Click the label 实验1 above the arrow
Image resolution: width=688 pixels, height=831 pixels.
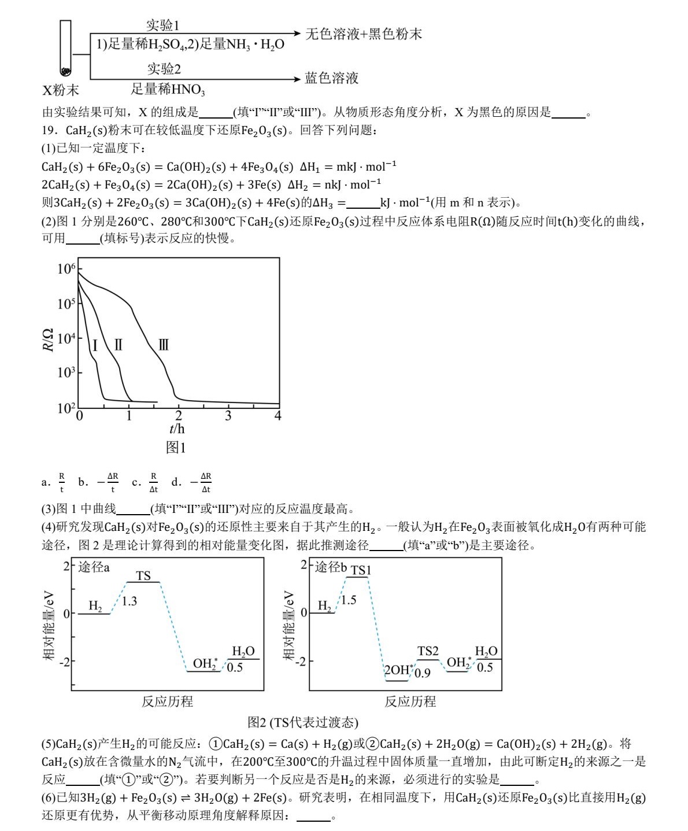pyautogui.click(x=163, y=25)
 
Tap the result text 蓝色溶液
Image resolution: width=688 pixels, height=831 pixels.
pyautogui.click(x=332, y=78)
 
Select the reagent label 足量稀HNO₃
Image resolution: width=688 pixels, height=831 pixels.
pyautogui.click(x=168, y=89)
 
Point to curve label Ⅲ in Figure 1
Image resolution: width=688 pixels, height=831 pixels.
pyautogui.click(x=164, y=345)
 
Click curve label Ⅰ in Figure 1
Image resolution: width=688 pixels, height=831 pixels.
pyautogui.click(x=95, y=346)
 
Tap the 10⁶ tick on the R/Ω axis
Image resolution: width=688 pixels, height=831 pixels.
pyautogui.click(x=66, y=269)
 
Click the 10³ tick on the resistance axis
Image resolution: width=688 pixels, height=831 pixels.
pyautogui.click(x=66, y=372)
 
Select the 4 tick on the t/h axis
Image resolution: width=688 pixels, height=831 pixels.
pyautogui.click(x=278, y=416)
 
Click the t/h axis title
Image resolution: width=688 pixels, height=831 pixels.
pyautogui.click(x=177, y=429)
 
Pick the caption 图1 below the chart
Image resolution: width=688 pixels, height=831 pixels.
pyautogui.click(x=176, y=447)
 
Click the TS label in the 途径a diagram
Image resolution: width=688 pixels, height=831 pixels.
pyautogui.click(x=143, y=575)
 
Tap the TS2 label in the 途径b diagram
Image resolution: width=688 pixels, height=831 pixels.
pyautogui.click(x=428, y=652)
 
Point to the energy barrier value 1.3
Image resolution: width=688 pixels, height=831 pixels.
pyautogui.click(x=130, y=601)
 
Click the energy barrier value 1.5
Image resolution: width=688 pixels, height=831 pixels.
pyautogui.click(x=349, y=600)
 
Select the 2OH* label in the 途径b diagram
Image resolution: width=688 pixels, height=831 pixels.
pyautogui.click(x=399, y=670)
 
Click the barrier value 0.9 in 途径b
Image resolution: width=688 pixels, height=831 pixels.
pyautogui.click(x=423, y=673)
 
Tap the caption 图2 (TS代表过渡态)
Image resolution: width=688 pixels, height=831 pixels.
pyautogui.click(x=303, y=722)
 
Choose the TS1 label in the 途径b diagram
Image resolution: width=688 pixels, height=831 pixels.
pyautogui.click(x=361, y=570)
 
